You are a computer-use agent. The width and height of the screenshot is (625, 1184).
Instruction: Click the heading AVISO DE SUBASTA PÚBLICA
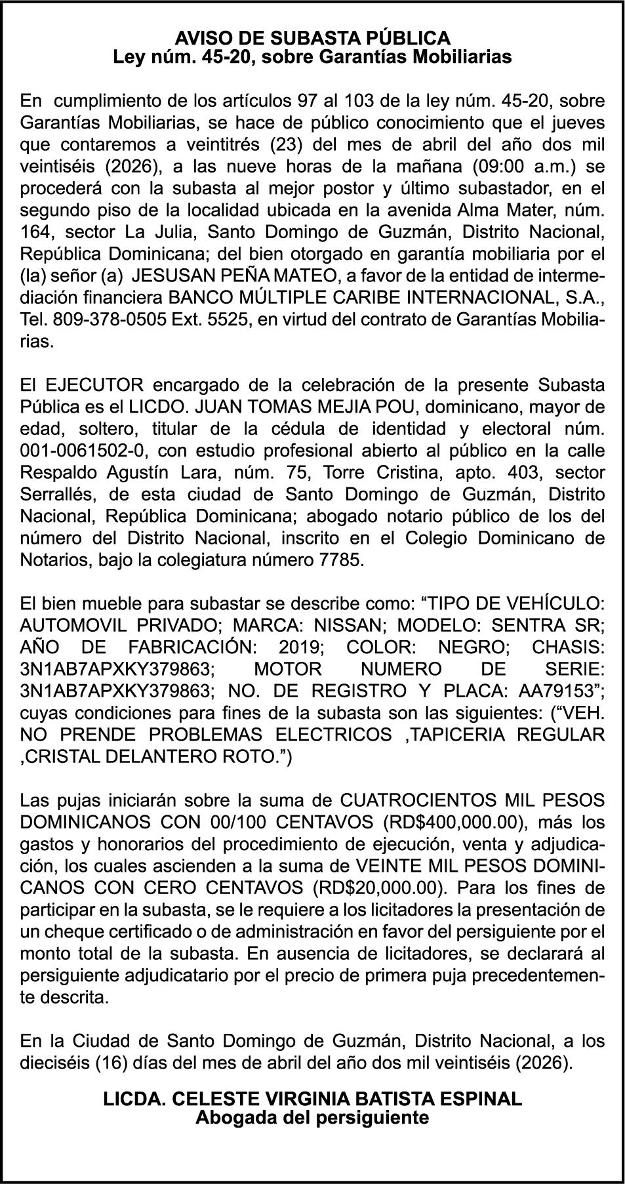312,37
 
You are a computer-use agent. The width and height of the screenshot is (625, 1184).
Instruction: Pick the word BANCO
196,299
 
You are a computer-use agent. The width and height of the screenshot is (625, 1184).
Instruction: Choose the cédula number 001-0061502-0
84,451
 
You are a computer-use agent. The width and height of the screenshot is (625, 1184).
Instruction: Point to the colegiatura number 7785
338,561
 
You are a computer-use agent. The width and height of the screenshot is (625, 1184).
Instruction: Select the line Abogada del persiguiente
312,1117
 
